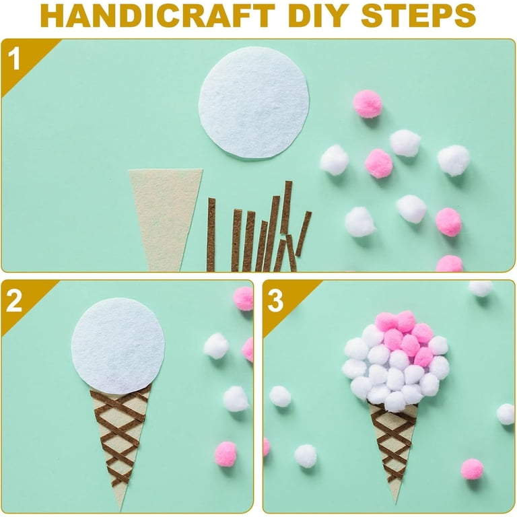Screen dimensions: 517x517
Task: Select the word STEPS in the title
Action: (419, 16)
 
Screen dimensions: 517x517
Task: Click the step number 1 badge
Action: (15, 58)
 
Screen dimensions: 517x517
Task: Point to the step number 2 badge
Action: (14, 301)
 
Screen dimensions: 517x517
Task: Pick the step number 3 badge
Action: (275, 301)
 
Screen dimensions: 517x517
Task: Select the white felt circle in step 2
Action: (118, 345)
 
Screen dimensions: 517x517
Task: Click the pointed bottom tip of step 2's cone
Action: (121, 510)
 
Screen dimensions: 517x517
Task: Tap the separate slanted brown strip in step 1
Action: (304, 234)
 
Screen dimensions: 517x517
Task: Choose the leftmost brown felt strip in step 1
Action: (211, 234)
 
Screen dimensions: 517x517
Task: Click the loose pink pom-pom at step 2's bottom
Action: (226, 453)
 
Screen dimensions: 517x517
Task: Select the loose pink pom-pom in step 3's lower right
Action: (472, 469)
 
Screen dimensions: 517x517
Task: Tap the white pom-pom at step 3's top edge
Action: (481, 288)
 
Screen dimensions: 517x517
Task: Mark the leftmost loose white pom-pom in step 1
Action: (334, 160)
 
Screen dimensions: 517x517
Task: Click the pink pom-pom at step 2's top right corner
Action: (243, 299)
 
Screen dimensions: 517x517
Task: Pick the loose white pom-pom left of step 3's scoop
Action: (280, 396)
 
